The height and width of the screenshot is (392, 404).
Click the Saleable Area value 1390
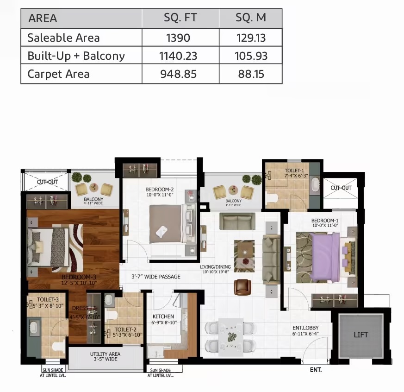tap(178, 38)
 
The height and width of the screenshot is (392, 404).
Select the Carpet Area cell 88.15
tap(251, 74)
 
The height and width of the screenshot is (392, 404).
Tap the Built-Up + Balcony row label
tap(76, 56)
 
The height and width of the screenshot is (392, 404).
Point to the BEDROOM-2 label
tap(159, 190)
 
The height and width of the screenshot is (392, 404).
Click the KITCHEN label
tap(163, 317)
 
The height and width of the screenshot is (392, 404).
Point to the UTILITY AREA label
tap(105, 354)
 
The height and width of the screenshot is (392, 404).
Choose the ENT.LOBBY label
tap(305, 328)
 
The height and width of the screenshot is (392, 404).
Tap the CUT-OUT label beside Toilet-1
tap(341, 188)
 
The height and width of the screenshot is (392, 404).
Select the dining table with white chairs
tap(230, 335)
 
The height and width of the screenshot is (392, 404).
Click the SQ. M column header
tap(251, 19)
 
